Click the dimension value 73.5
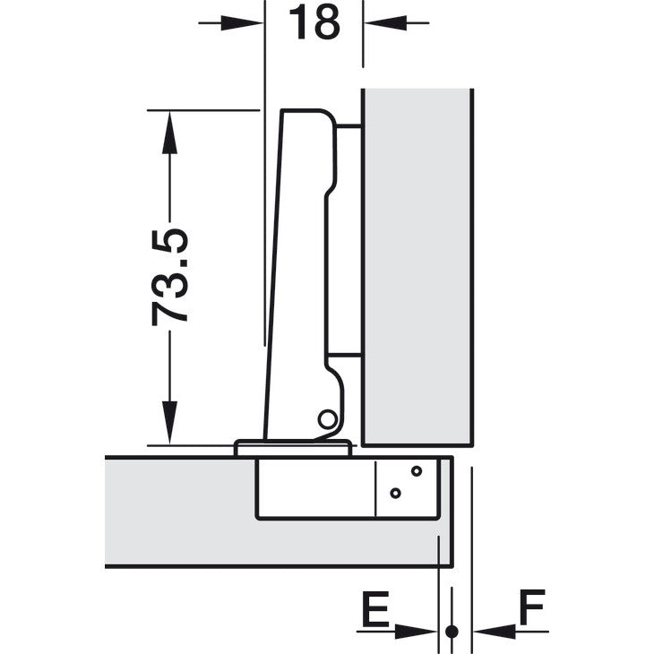[x=169, y=277]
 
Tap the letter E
[x=375, y=608]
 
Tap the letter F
[x=532, y=607]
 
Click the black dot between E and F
[x=452, y=632]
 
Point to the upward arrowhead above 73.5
[x=169, y=133]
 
